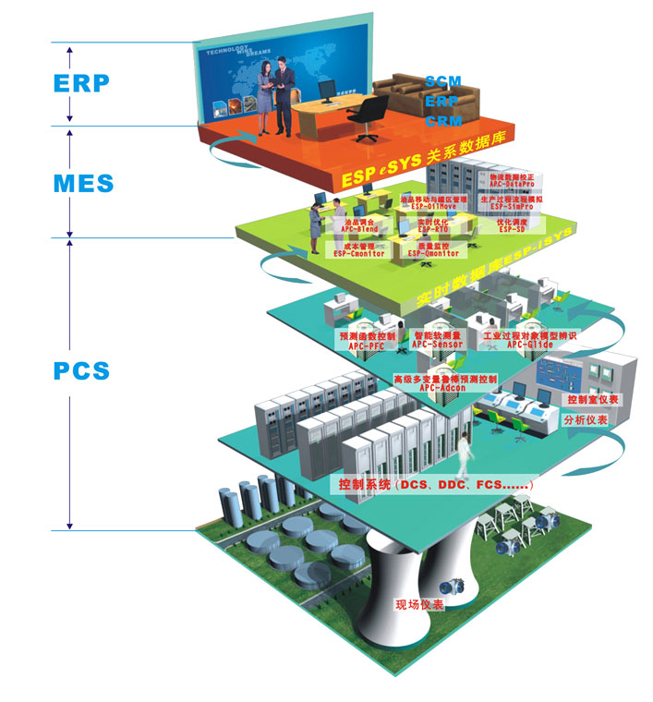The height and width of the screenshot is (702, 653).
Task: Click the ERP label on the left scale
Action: (81, 83)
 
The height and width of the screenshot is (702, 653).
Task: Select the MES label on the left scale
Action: (83, 182)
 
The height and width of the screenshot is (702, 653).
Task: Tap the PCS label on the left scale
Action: (81, 371)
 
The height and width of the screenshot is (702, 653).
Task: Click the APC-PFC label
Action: (367, 343)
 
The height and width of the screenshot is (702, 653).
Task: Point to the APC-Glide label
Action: (529, 343)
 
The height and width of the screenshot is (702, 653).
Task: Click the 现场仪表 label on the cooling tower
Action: (420, 605)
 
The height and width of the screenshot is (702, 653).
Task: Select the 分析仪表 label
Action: (586, 419)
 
